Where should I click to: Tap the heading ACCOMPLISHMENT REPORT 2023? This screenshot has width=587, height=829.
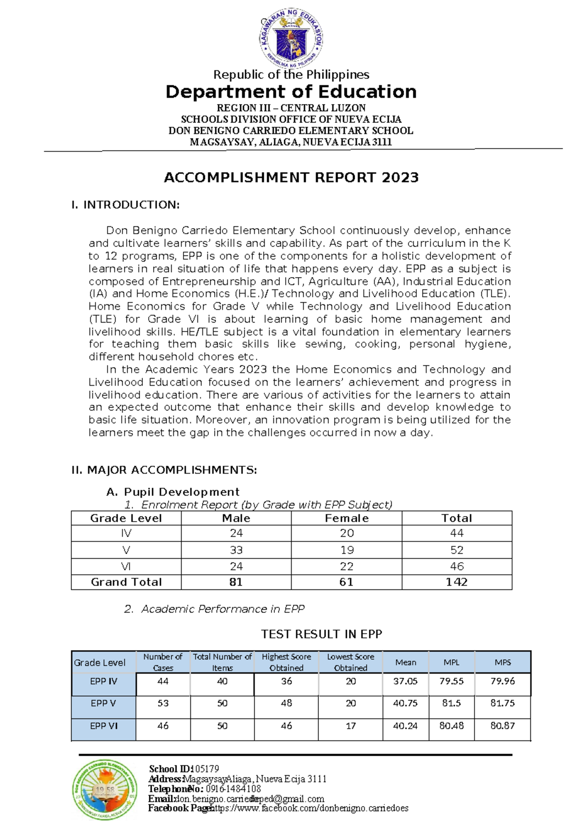click(291, 177)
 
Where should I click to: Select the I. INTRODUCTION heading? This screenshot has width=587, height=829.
click(126, 205)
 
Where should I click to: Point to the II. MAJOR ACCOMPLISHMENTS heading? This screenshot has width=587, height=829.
click(164, 470)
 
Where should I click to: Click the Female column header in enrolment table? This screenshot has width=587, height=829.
click(346, 518)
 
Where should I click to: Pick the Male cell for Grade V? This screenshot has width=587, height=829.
click(236, 550)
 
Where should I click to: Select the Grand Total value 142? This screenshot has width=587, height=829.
click(456, 582)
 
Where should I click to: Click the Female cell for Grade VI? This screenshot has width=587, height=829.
click(346, 566)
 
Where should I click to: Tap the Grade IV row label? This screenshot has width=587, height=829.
click(126, 533)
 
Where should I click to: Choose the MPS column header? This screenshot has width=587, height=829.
click(502, 662)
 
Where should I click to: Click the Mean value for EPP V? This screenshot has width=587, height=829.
click(405, 703)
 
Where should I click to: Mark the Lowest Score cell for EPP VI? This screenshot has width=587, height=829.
click(350, 726)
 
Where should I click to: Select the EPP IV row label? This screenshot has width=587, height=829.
click(104, 681)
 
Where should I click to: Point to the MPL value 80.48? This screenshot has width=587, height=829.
click(451, 726)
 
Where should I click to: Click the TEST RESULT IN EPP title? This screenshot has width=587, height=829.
click(321, 634)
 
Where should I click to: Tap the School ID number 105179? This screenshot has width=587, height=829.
click(206, 769)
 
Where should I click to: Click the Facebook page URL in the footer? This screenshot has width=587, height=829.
click(310, 808)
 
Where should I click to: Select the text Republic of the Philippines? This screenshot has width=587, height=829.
click(291, 75)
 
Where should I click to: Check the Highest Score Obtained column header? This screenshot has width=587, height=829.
click(286, 662)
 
